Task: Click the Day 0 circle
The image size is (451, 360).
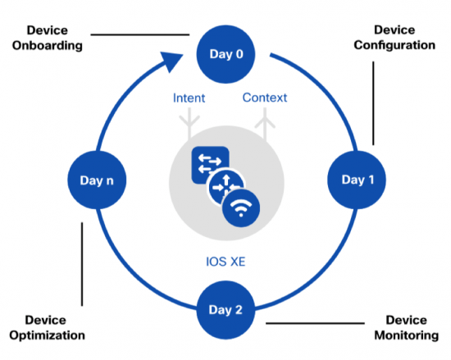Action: (225, 55)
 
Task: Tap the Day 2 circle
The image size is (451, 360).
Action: (225, 309)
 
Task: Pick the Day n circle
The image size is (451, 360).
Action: (96, 179)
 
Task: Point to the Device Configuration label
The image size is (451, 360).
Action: (394, 38)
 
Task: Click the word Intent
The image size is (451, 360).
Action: (189, 98)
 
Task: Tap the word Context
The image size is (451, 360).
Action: (265, 98)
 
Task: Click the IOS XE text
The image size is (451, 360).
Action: (225, 263)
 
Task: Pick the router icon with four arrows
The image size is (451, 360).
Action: (224, 188)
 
